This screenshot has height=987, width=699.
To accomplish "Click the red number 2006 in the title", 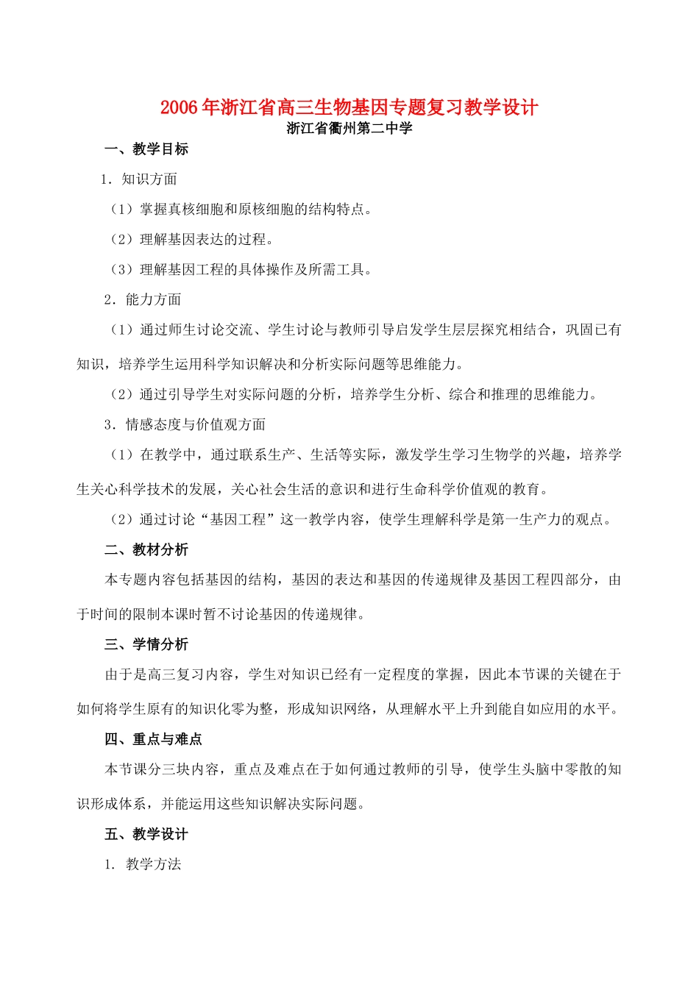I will [x=179, y=107].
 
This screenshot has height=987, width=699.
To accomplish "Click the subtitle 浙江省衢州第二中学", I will [x=349, y=129].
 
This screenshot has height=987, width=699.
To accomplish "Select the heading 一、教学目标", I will [x=146, y=149].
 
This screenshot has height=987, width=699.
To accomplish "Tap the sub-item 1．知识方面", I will [x=139, y=179].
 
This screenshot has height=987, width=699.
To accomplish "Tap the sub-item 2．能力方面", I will [x=143, y=299].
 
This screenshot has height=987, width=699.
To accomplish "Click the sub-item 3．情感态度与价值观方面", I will [x=185, y=424].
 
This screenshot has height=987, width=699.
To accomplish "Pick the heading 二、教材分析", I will [x=146, y=549].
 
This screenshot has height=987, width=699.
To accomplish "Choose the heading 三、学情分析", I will [x=146, y=644].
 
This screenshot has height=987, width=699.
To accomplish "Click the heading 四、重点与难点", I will [x=153, y=739].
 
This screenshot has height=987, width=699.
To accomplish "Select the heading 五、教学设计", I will [x=146, y=834].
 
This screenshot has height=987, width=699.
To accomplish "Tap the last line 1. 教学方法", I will [x=143, y=864].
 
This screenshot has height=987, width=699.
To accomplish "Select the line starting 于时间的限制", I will [x=221, y=614].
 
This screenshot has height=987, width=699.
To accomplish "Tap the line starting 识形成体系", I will [x=221, y=804].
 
